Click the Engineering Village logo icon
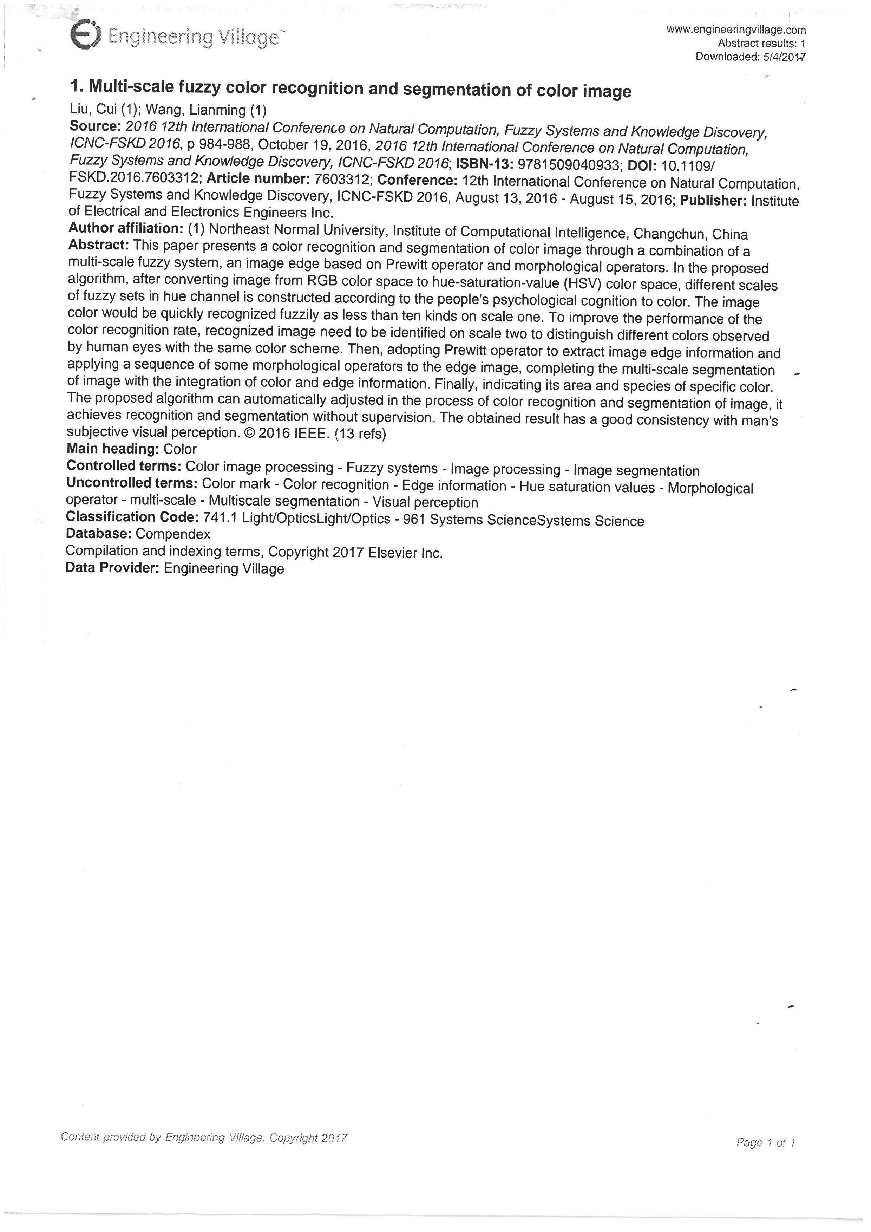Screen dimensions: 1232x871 coord(85,35)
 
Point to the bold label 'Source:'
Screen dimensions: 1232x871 coord(95,126)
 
